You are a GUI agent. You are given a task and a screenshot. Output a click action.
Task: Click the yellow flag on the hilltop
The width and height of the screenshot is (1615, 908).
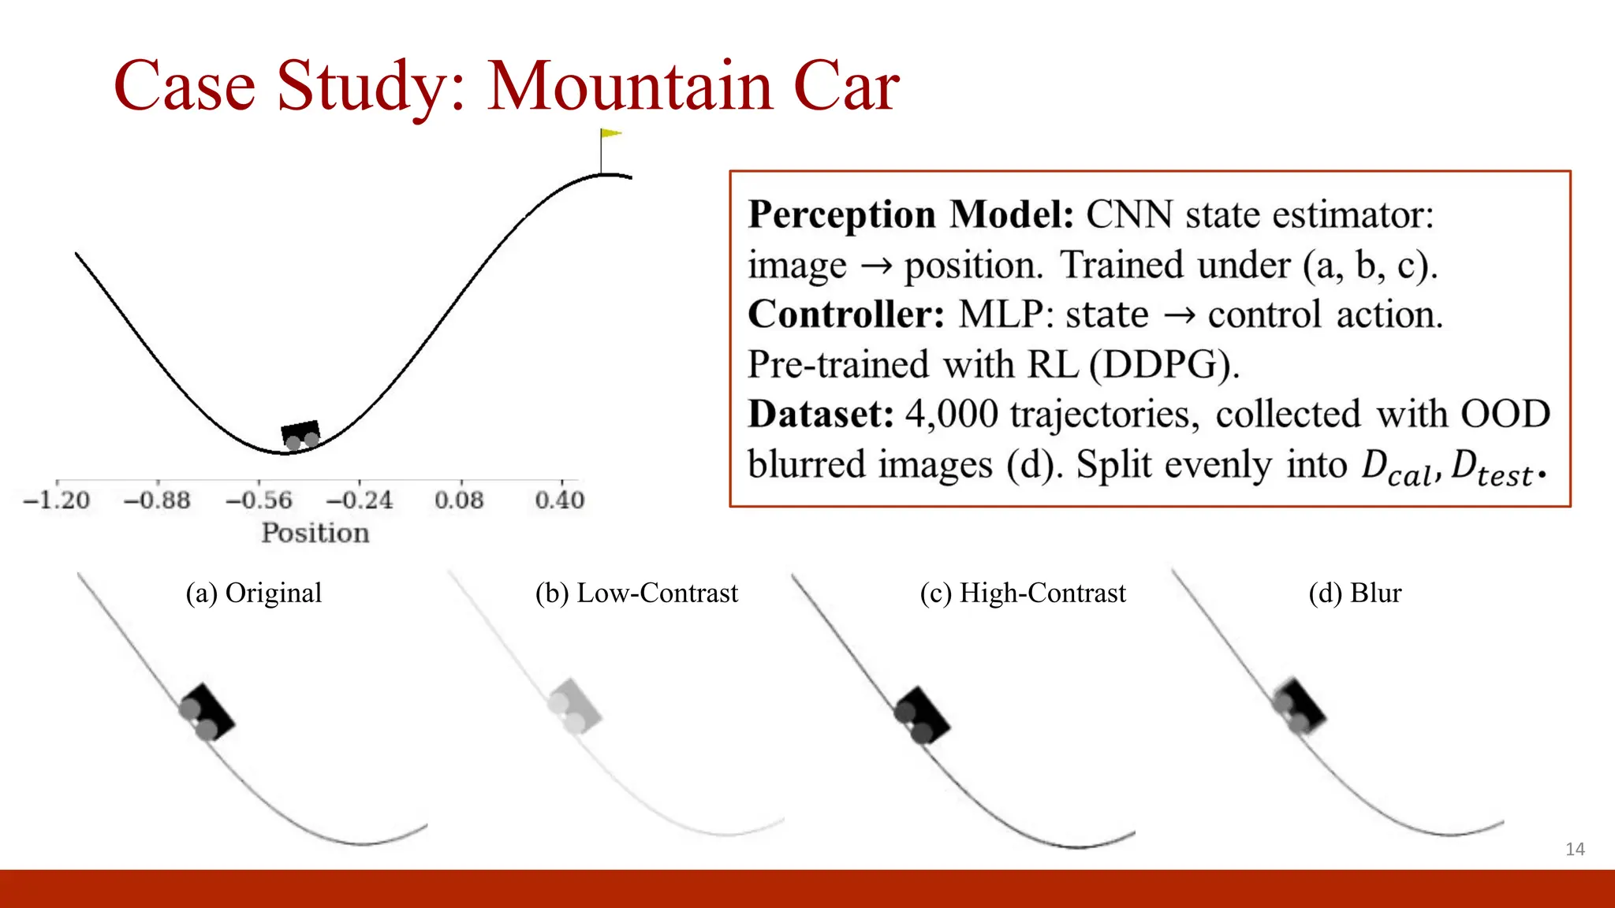(x=610, y=134)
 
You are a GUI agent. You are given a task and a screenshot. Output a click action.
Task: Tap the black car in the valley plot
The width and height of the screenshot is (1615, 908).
(x=300, y=434)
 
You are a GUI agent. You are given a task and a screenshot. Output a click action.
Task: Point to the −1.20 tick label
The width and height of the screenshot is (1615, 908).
(x=57, y=500)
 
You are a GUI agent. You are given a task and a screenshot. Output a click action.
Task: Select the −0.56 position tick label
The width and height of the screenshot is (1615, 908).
(x=259, y=500)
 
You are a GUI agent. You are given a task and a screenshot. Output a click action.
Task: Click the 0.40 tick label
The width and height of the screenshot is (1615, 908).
(x=560, y=500)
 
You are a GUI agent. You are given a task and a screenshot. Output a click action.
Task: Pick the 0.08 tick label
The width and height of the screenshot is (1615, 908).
(x=459, y=500)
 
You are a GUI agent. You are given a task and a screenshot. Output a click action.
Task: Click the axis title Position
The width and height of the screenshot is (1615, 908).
(x=315, y=533)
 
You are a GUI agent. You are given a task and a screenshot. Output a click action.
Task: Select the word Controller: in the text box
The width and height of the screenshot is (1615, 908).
(x=846, y=314)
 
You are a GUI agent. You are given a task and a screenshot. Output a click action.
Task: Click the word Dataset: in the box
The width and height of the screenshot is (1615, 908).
(x=821, y=415)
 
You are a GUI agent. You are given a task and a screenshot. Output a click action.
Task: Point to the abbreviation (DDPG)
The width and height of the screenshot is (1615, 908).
(x=1164, y=365)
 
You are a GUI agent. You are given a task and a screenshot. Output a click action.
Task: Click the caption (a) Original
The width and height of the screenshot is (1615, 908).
(x=254, y=593)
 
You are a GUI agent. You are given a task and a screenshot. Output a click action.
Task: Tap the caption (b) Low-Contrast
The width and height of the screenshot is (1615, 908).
(x=636, y=593)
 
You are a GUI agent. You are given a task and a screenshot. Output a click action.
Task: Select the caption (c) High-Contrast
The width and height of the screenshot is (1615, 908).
(x=1023, y=593)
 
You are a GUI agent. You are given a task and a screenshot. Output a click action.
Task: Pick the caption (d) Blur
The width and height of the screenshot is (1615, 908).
(x=1355, y=593)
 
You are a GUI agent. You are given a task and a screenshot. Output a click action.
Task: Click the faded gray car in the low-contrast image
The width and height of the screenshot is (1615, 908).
(x=575, y=706)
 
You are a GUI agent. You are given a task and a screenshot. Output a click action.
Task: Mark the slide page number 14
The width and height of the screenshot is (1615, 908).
(x=1575, y=849)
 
